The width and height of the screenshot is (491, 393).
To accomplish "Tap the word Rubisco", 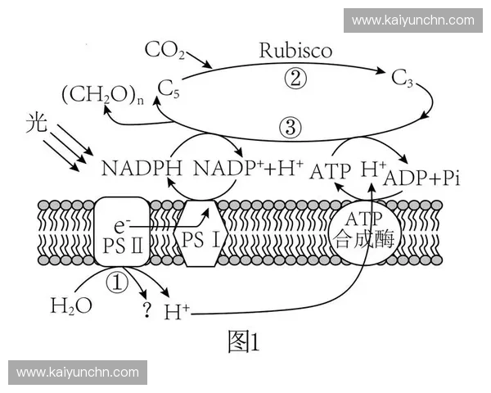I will (296, 50).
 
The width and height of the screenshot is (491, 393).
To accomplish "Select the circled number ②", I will (295, 78).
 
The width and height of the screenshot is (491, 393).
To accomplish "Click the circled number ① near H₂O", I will (119, 283).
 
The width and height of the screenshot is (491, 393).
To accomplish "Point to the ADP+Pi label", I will (421, 177).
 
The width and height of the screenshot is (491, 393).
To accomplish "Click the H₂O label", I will (71, 307).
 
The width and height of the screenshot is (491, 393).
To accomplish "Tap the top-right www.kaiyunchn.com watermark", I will (412, 20).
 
